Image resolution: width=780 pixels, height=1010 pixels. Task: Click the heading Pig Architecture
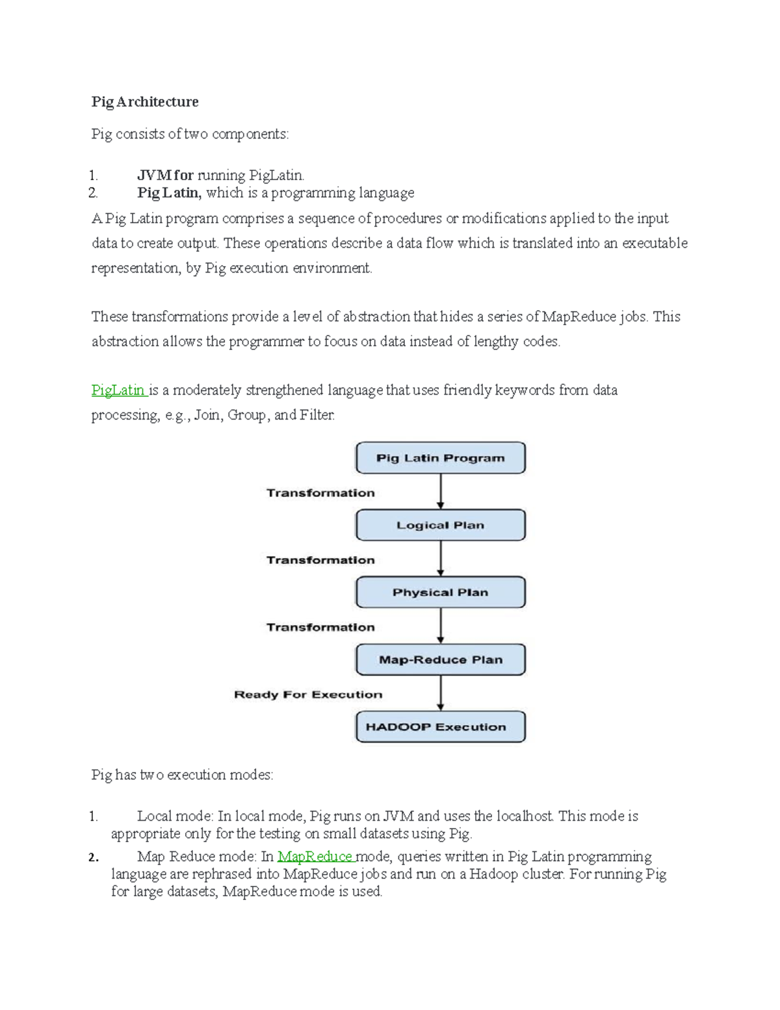[x=145, y=101]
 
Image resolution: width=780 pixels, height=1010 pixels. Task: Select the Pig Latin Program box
[x=440, y=458]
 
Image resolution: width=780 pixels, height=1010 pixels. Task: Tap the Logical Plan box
[x=440, y=525]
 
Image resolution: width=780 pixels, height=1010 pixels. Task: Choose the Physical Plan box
[x=440, y=592]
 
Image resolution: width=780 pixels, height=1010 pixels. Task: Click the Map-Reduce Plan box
[x=440, y=659]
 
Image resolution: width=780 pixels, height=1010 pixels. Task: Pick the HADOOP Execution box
[x=440, y=726]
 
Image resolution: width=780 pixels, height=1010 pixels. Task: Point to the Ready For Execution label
[x=308, y=695]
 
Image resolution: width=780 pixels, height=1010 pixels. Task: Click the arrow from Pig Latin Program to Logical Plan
[x=441, y=491]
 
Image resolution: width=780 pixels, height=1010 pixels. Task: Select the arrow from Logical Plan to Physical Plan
[x=441, y=558]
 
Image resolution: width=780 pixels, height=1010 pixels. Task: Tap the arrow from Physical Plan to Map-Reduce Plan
[x=441, y=626]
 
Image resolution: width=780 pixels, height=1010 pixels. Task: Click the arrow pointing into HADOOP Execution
[x=441, y=693]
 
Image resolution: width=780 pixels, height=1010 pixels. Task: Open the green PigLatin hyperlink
[x=118, y=390]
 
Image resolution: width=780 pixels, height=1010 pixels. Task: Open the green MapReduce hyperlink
[x=315, y=857]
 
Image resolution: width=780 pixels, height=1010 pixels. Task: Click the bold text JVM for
[x=165, y=175]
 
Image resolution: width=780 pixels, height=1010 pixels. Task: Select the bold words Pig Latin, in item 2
[x=169, y=193]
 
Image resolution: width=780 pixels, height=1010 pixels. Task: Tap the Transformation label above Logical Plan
[x=320, y=493]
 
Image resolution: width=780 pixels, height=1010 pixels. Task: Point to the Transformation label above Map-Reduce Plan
[x=320, y=628]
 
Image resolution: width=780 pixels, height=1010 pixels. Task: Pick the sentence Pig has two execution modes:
[x=183, y=775]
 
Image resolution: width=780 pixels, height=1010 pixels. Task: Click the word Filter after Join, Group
[x=317, y=415]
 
